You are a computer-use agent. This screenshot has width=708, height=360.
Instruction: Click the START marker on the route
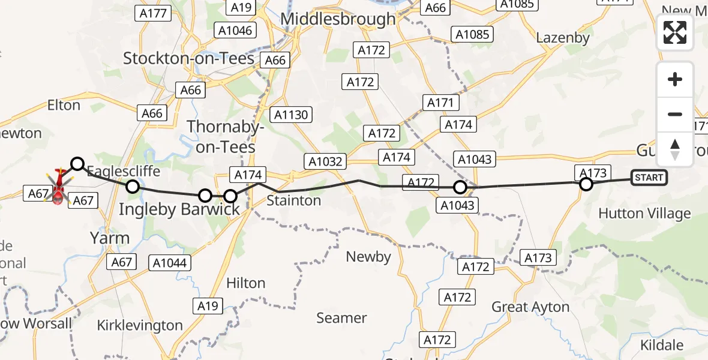649,178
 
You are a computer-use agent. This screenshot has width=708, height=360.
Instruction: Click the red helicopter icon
59,187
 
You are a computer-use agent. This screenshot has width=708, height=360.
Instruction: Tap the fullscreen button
675,32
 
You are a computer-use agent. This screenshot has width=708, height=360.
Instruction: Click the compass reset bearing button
675,149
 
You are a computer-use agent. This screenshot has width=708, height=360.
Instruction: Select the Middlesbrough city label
338,19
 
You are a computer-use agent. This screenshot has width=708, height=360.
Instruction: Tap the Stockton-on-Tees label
189,58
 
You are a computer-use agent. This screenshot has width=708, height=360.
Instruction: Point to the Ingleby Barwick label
179,209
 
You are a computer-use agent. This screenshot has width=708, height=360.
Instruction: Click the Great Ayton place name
530,307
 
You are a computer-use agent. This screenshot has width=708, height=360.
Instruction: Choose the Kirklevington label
140,325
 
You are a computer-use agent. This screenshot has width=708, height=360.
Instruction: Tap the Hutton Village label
644,214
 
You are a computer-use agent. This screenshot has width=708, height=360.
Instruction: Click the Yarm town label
109,238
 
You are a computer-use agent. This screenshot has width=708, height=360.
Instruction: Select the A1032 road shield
326,161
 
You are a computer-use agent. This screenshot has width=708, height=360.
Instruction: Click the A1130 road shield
291,115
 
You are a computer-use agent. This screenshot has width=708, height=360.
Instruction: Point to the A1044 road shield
170,262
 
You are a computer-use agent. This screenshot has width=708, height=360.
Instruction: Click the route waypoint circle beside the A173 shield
586,184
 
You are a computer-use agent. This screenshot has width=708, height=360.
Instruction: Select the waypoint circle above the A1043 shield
460,187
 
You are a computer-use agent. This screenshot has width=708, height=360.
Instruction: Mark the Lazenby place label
563,37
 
